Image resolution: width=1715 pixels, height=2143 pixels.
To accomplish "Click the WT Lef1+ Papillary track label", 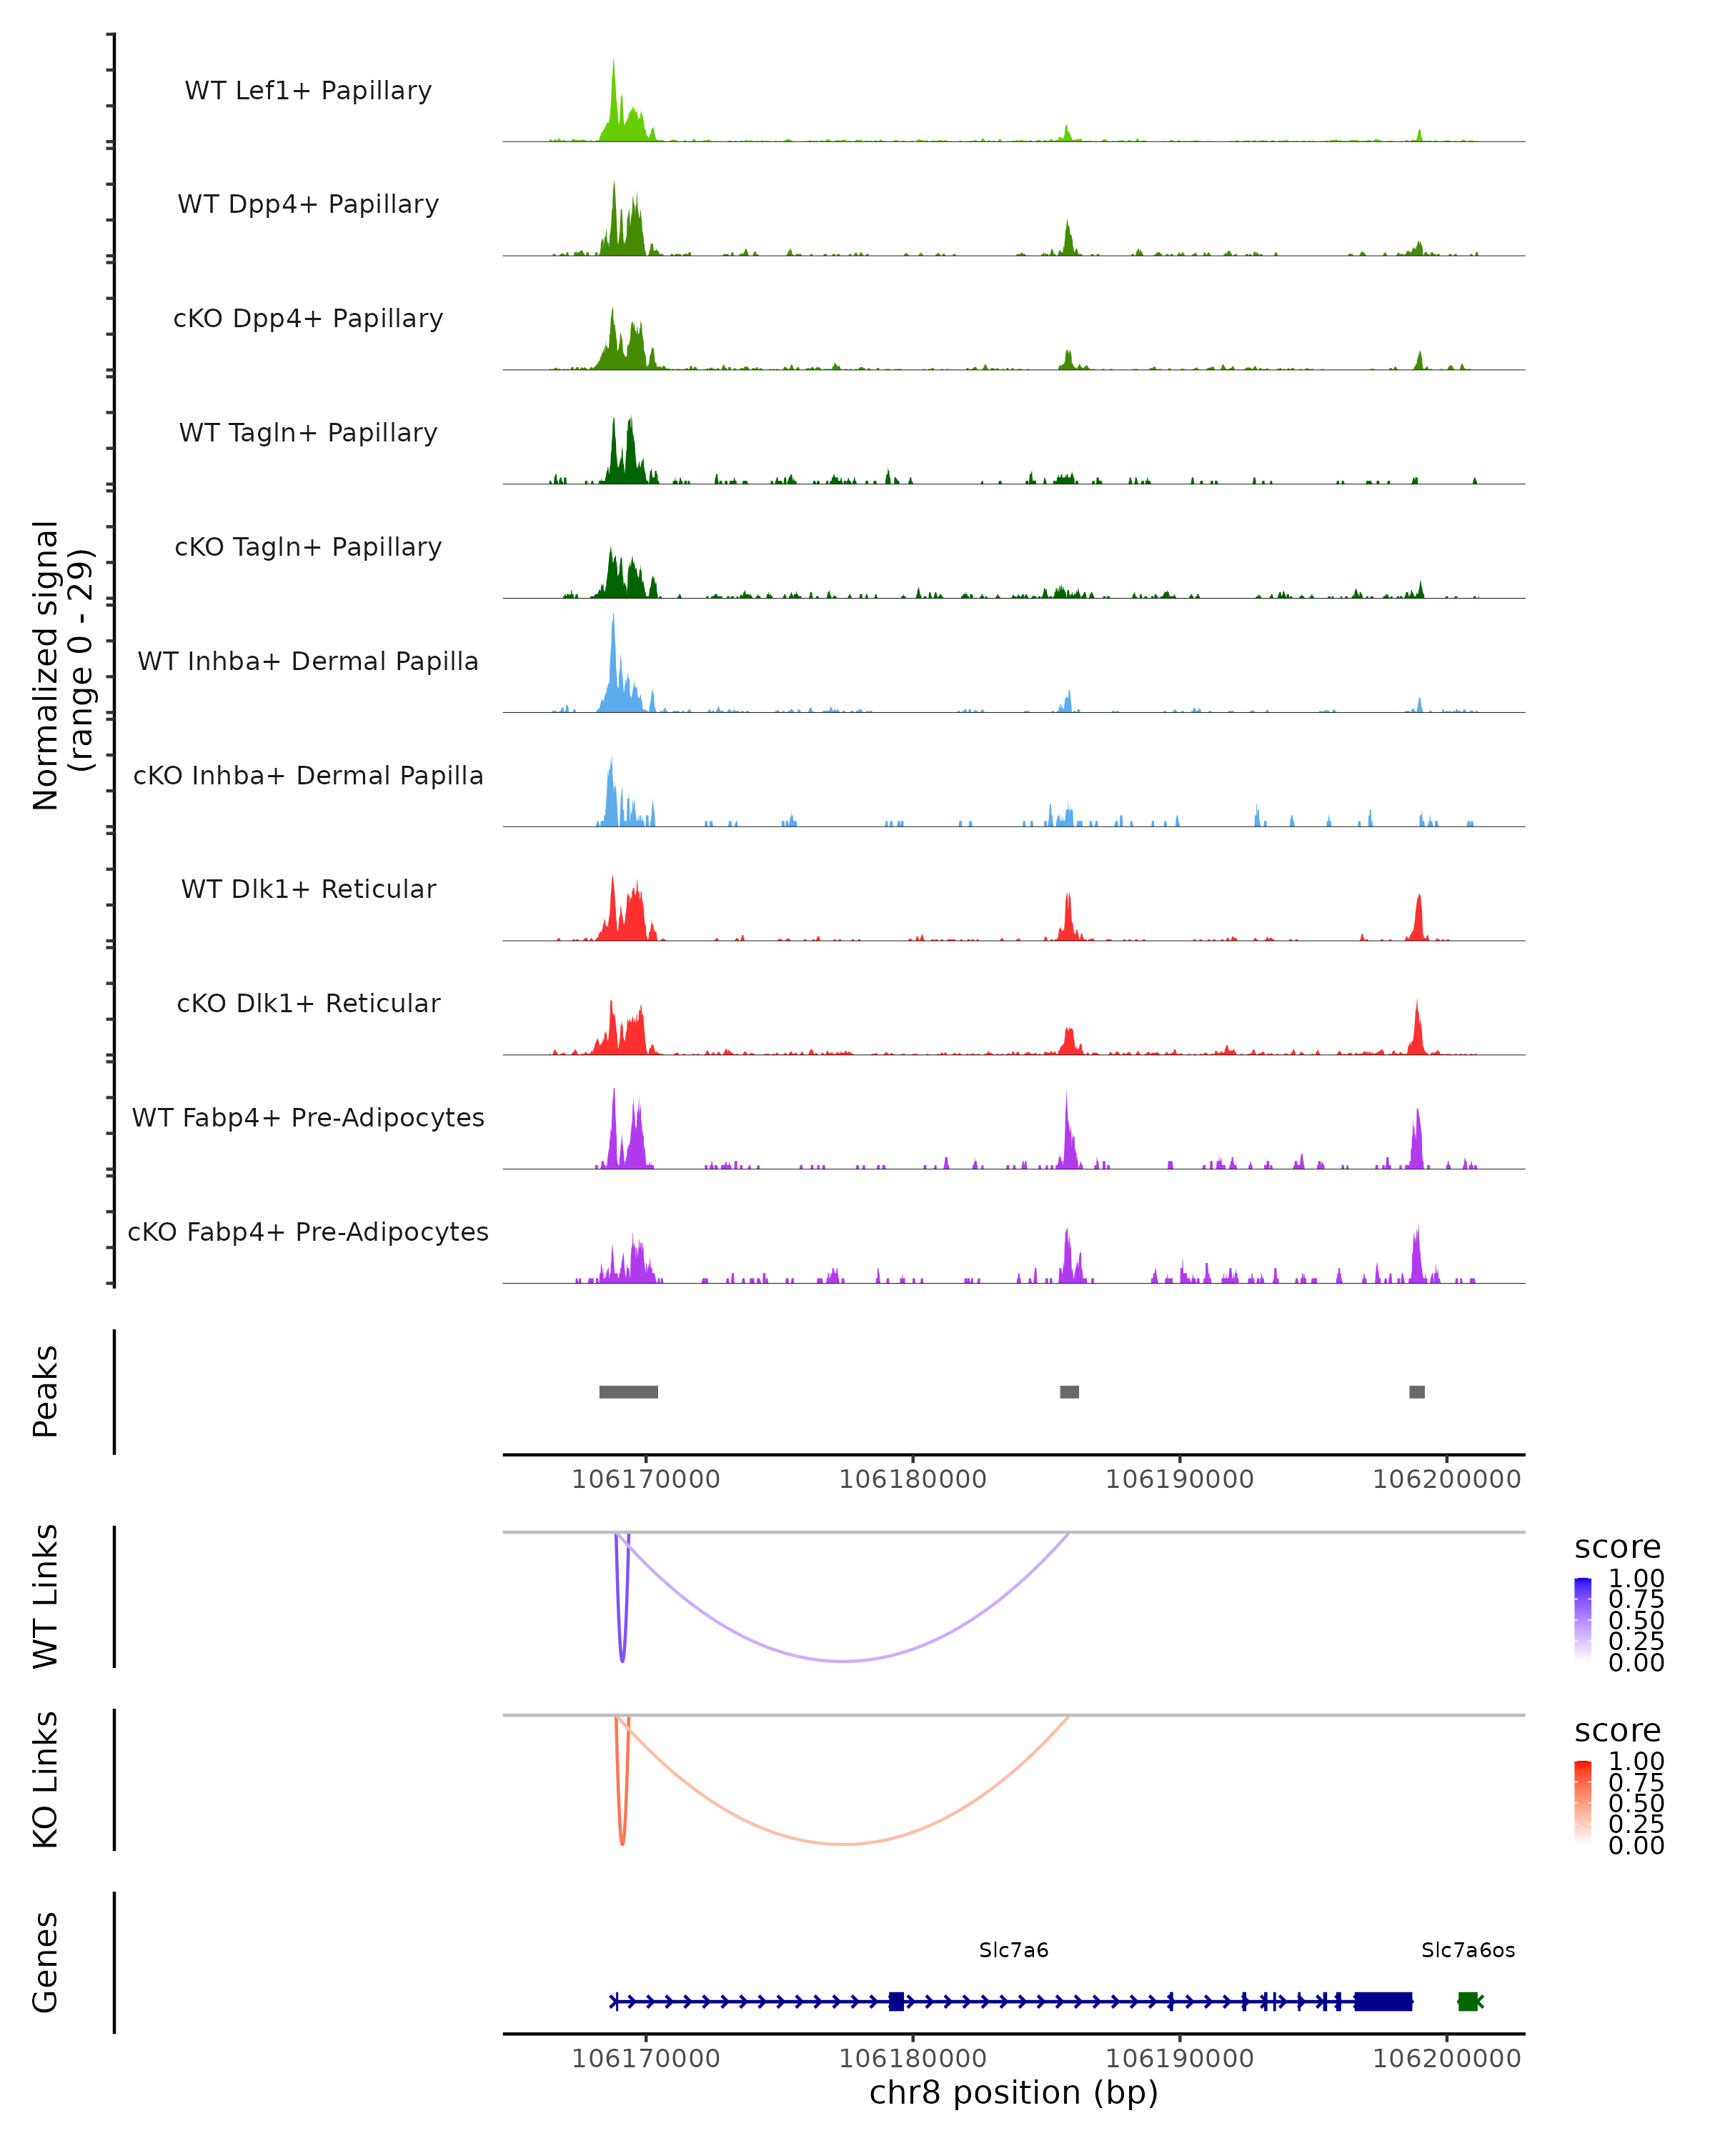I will point(308,91).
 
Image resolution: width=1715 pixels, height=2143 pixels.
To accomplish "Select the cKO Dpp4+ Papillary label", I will point(308,319).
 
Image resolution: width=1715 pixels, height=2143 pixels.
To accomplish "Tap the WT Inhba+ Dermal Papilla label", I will point(308,662).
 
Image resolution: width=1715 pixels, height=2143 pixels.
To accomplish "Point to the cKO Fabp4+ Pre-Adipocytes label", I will point(308,1232).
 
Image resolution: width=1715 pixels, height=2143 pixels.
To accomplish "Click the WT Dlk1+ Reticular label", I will point(308,889).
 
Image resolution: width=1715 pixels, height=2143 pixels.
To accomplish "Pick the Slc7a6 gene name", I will point(1013,1950).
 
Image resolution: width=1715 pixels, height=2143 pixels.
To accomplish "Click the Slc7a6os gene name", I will point(1468,1950).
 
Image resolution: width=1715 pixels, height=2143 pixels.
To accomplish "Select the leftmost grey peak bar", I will point(628,1392).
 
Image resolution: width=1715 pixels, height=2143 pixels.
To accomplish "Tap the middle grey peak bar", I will point(1069,1392).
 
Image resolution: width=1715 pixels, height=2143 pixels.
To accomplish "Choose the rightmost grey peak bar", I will point(1417,1392).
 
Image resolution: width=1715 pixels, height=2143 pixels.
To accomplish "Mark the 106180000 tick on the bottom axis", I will point(913,2034).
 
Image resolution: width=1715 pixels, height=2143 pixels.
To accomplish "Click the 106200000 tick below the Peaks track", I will point(1446,1455).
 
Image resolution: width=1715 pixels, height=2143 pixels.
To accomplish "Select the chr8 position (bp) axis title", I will point(1013,2092).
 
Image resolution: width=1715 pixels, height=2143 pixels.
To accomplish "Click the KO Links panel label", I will point(46,1780).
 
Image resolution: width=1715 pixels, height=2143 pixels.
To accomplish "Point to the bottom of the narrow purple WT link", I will point(622,1661).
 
